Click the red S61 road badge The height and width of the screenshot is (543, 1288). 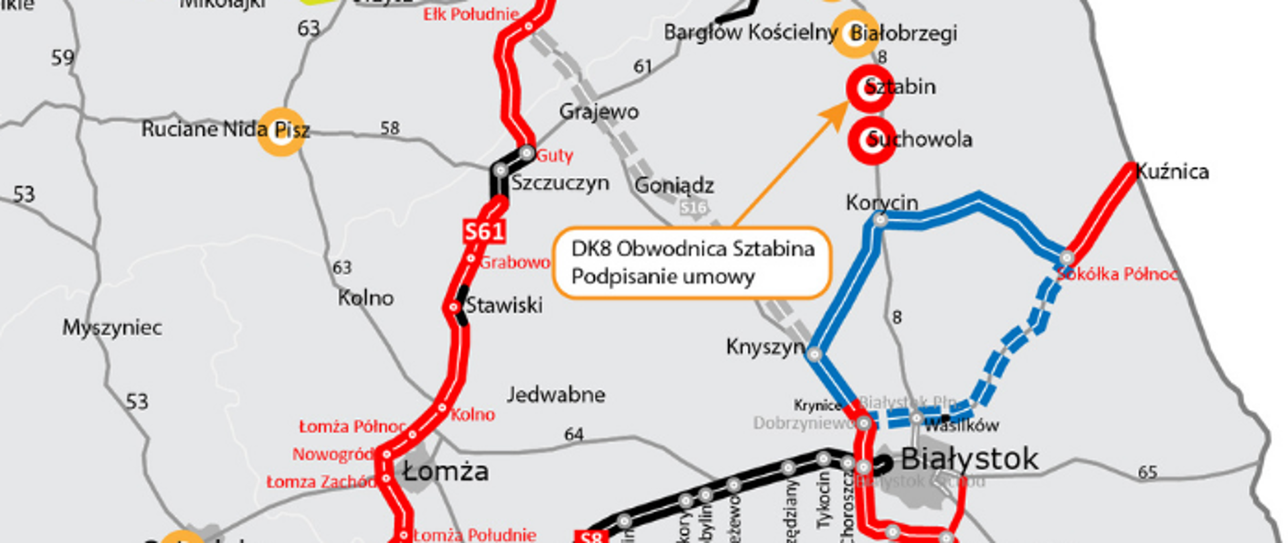(484, 231)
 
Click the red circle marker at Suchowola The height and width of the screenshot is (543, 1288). (871, 141)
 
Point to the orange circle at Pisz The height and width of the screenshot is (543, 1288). (282, 131)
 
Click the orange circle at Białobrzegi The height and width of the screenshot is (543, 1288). (855, 34)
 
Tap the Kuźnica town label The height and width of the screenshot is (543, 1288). (1173, 172)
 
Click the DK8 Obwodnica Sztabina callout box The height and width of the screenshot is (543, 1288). (692, 262)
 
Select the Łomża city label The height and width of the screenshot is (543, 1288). (445, 472)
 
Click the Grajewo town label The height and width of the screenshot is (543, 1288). (599, 111)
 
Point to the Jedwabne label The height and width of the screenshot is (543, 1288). (556, 394)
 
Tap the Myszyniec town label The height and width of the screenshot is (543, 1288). (112, 328)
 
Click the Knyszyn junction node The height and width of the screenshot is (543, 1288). (814, 354)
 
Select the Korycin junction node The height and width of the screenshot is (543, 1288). (881, 220)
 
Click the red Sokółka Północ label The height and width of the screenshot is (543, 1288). (1117, 274)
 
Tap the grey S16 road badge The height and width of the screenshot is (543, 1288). (693, 208)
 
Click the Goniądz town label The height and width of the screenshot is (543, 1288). (674, 185)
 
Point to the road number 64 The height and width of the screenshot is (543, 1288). (574, 434)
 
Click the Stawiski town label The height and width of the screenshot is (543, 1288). (504, 306)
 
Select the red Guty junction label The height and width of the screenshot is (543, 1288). (555, 156)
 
